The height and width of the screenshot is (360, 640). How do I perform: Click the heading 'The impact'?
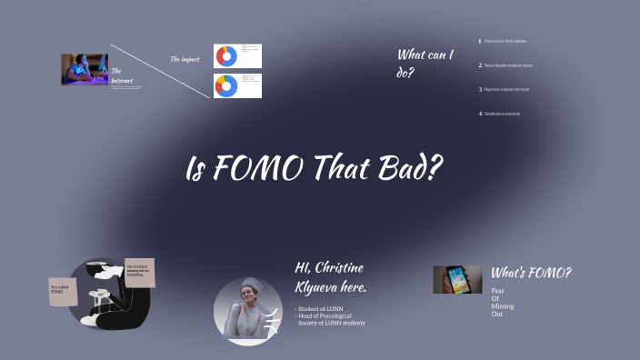click(x=185, y=59)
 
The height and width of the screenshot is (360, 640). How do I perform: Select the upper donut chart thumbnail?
click(x=237, y=56)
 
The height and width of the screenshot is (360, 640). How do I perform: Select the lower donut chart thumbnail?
click(x=237, y=86)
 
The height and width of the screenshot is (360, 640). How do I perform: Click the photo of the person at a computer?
click(x=85, y=70)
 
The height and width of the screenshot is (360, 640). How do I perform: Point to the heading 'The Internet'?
click(x=121, y=76)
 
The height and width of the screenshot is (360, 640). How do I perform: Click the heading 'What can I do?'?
click(x=424, y=63)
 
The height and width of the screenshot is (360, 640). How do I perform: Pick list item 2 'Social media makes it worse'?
click(x=508, y=65)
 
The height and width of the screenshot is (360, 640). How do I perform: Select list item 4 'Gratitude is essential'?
click(x=503, y=114)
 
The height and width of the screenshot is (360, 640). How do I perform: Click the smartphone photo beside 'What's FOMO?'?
click(x=457, y=279)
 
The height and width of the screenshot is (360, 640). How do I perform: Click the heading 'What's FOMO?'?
click(x=531, y=273)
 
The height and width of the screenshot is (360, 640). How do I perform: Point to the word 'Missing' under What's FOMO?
click(x=503, y=305)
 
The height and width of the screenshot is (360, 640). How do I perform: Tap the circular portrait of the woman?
click(x=247, y=311)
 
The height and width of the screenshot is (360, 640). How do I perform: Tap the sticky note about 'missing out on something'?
click(x=140, y=272)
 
